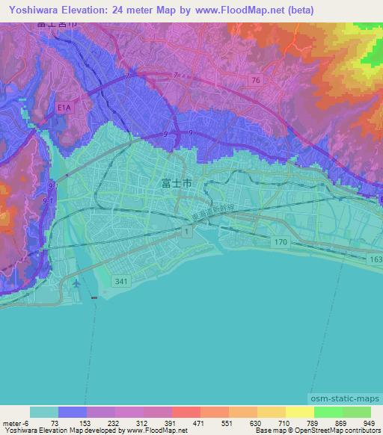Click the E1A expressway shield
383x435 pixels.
65,108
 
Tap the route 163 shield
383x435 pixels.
375,259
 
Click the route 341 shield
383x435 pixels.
121,281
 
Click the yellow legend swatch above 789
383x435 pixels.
299,412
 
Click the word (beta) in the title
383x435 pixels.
298,10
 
